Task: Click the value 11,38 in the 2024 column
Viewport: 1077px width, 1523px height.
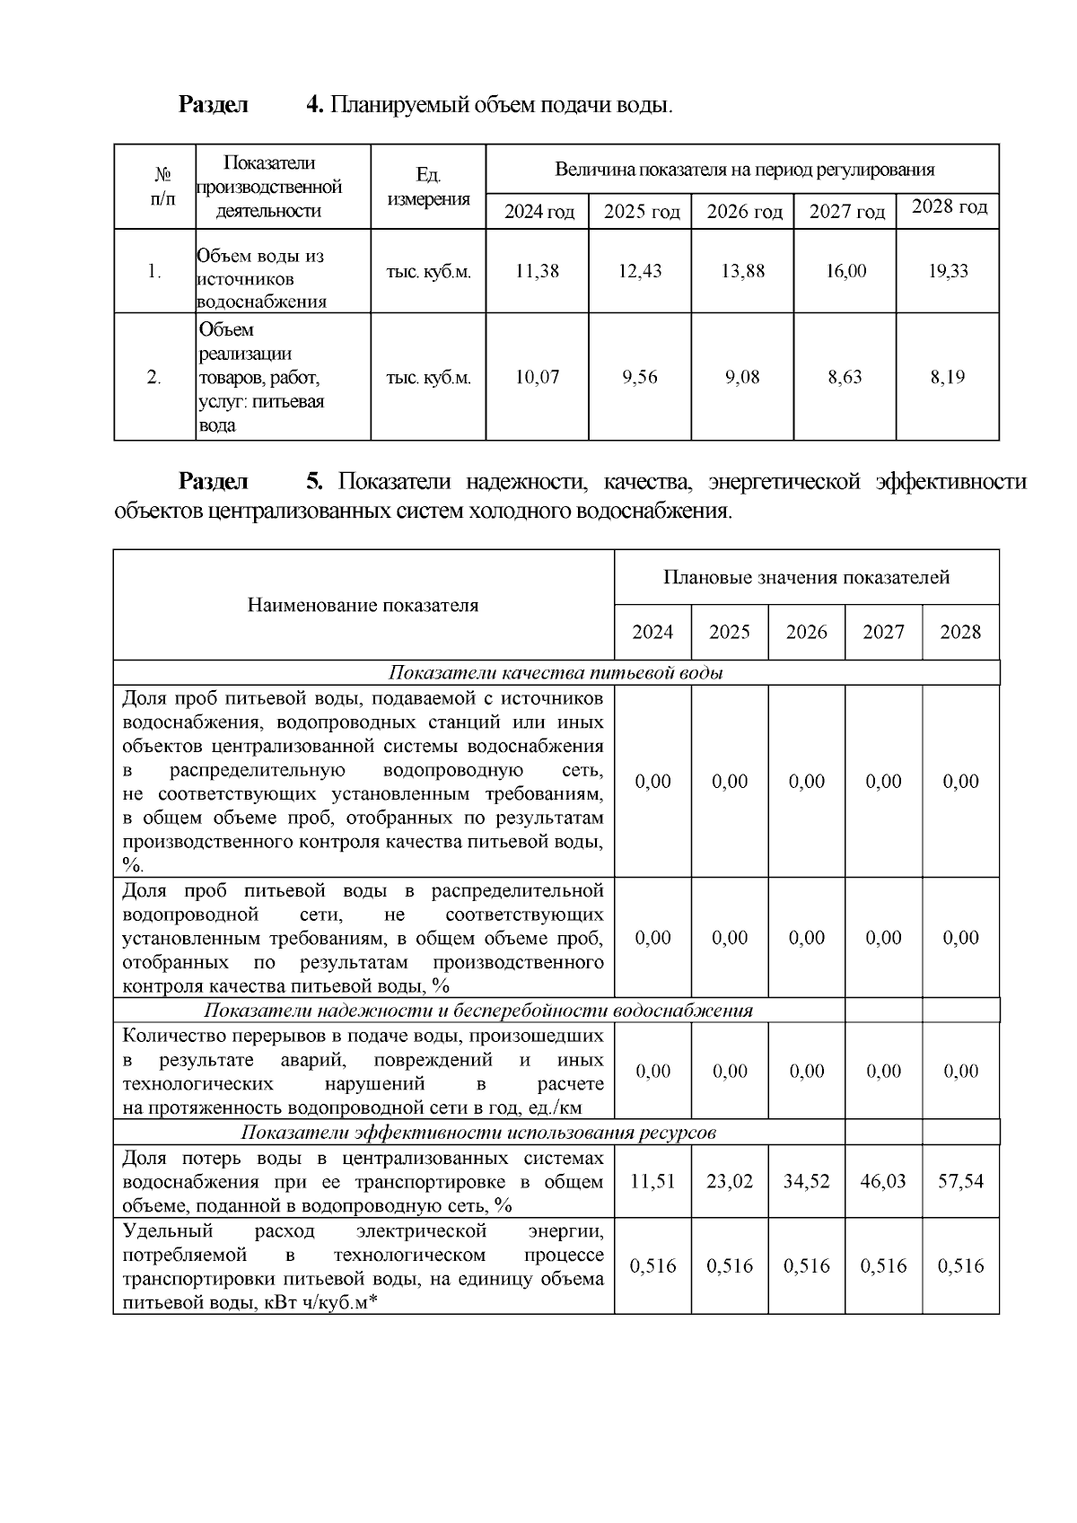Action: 537,271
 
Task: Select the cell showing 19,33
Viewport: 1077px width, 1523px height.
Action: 948,271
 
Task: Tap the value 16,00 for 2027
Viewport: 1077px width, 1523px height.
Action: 845,271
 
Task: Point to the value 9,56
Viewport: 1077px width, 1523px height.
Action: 640,377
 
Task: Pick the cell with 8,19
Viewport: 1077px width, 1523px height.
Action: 948,377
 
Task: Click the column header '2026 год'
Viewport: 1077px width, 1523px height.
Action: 743,213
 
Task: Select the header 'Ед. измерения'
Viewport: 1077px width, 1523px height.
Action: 428,187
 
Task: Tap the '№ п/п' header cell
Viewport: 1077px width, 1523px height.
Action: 162,186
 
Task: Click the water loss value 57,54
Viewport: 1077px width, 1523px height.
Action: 960,1181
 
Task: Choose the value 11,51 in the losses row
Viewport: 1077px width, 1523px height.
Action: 652,1181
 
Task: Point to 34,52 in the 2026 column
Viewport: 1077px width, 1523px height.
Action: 806,1181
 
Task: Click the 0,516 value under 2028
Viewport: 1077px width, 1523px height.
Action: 960,1265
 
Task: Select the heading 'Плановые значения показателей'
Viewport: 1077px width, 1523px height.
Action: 806,577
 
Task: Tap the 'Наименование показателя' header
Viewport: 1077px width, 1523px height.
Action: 363,605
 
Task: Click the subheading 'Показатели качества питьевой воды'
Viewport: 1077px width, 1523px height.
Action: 556,673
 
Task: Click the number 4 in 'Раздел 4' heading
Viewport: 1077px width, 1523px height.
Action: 314,105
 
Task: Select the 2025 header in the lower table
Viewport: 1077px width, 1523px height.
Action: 729,632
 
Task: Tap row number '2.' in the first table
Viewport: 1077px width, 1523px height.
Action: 154,377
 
